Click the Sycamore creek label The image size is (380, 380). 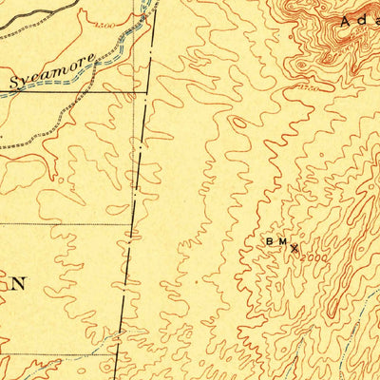(53, 71)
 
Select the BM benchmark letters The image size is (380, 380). (276, 243)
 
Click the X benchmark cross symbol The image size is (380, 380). (294, 249)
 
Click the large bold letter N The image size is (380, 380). (19, 283)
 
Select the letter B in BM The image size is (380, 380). (270, 243)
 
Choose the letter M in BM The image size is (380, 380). (282, 243)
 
